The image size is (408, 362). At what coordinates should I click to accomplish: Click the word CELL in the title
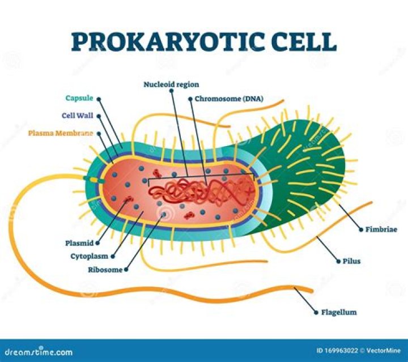305,41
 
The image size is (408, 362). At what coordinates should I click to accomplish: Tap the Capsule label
79,98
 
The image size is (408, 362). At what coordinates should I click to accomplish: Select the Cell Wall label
78,116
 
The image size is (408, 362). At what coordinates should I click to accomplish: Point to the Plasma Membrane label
61,133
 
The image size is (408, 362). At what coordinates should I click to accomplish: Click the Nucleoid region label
171,84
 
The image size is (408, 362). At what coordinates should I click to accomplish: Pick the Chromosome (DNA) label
229,99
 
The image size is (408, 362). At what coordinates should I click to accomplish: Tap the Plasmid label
79,243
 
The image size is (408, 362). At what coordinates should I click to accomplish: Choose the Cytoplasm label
90,256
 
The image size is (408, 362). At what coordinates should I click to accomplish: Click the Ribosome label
105,270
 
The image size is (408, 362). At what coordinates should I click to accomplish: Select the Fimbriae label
381,229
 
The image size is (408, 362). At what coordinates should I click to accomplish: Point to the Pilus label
351,261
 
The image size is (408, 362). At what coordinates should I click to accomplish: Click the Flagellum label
339,312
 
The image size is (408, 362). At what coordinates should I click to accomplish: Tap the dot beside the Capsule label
99,99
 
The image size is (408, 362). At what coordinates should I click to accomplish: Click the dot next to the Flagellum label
316,312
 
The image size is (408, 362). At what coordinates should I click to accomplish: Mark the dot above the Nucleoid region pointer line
171,91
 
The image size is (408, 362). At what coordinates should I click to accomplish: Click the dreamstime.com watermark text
39,352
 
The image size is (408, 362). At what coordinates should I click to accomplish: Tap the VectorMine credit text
383,351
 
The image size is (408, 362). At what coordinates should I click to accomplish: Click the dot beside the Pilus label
338,261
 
